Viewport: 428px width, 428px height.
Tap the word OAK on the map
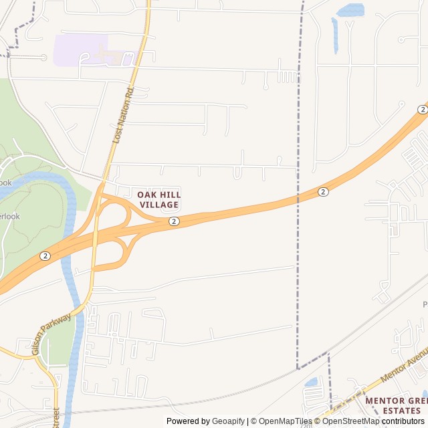tap(147, 195)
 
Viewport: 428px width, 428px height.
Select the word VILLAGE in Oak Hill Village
tap(159, 205)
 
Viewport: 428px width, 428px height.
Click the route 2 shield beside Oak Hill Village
tap(174, 221)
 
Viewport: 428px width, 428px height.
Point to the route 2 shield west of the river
tap(45, 256)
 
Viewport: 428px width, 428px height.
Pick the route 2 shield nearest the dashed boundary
tap(323, 192)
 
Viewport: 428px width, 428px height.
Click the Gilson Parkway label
tap(51, 334)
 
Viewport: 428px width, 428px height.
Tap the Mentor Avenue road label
tap(403, 365)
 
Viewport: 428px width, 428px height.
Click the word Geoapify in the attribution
tap(228, 421)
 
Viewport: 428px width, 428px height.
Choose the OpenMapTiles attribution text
tap(286, 421)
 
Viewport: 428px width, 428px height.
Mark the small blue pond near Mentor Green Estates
tap(312, 383)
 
